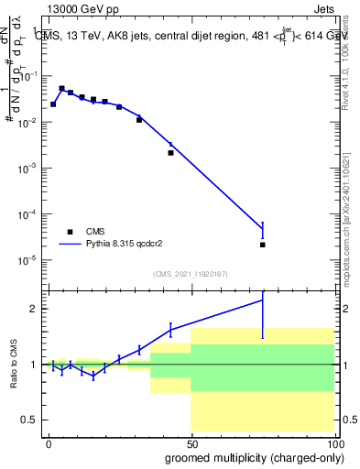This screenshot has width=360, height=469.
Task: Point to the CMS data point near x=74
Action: pos(263,245)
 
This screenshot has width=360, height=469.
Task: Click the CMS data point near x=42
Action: pos(170,153)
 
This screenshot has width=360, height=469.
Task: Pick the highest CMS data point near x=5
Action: pos(61,89)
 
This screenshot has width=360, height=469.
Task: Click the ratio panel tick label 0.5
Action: pos(33,420)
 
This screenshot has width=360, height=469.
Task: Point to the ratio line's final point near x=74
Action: pos(263,300)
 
